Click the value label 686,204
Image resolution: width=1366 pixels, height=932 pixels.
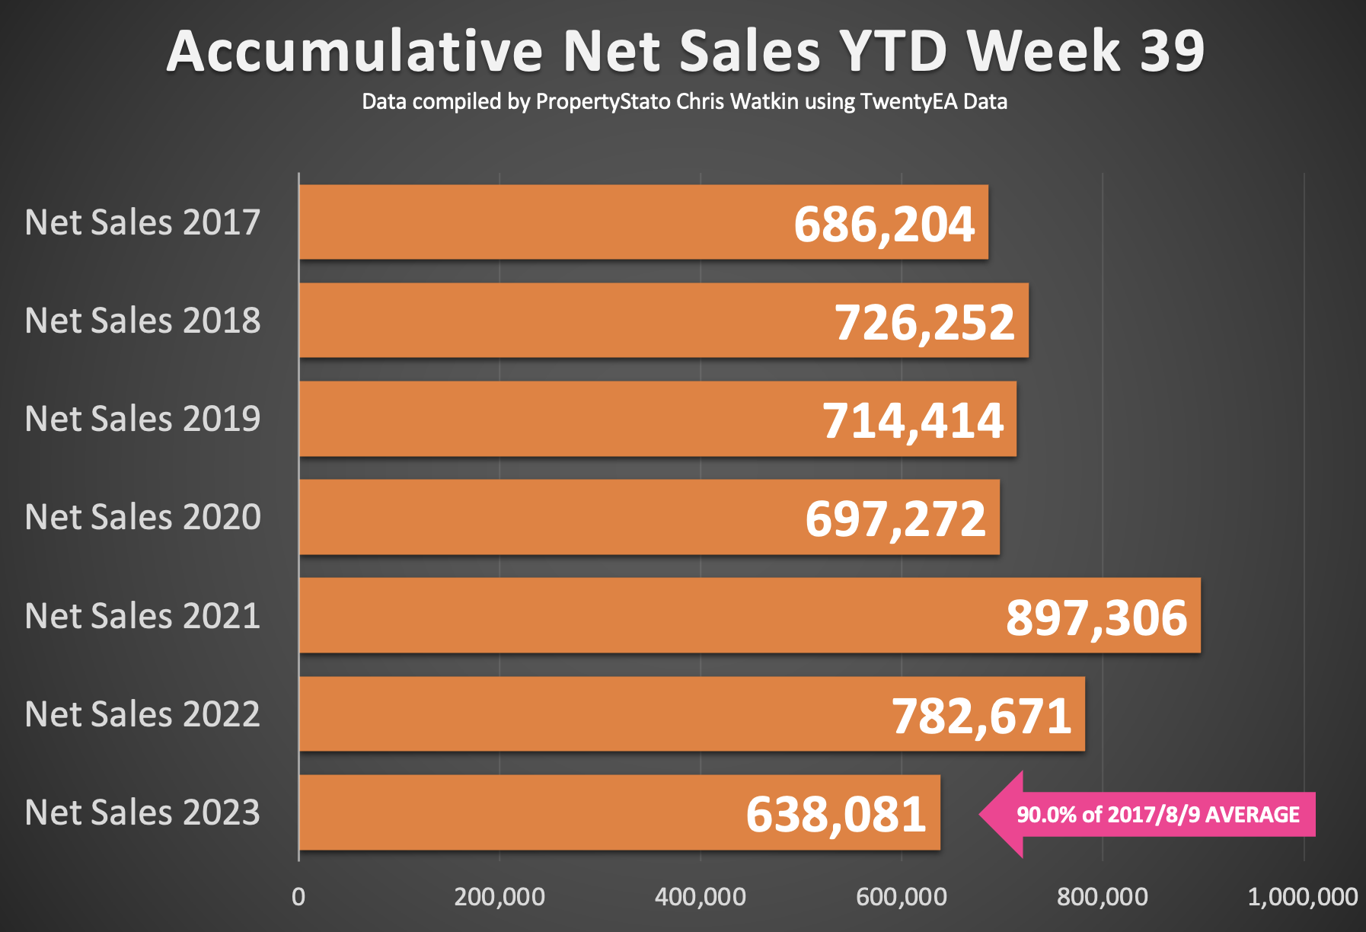pos(884,225)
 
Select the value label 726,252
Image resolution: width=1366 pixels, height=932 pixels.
pos(924,323)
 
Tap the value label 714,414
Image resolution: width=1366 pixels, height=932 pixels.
pos(913,421)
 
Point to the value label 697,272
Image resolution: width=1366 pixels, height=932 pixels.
pos(895,519)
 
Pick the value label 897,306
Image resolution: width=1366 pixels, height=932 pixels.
pos(1096,618)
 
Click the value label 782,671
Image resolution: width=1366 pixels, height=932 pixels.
pos(981,717)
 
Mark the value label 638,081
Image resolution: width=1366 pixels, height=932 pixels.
pos(836,815)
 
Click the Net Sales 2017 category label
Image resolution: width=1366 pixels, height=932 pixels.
pos(142,222)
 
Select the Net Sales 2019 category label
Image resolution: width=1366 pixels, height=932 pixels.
pos(142,419)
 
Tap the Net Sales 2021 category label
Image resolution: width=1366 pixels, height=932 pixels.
pos(142,616)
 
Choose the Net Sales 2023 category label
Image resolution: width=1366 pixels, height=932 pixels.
pos(142,812)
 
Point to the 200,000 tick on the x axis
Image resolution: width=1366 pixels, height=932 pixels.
pos(499,897)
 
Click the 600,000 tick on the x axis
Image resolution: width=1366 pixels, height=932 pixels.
pos(902,897)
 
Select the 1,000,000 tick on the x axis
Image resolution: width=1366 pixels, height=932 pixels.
pos(1303,897)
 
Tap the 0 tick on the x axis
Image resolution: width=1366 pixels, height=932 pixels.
pos(298,897)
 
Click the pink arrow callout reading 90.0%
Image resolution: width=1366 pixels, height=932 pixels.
pos(1147,815)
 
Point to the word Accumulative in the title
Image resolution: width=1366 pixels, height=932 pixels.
pos(355,51)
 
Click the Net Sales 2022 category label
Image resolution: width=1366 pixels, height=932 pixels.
pos(142,714)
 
